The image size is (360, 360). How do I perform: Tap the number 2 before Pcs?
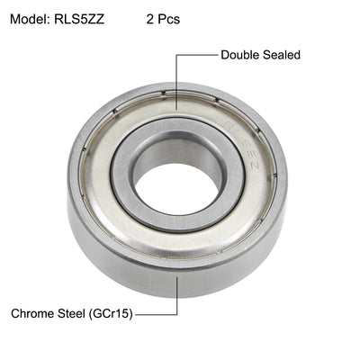click(149, 18)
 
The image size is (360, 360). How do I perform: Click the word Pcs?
click(167, 18)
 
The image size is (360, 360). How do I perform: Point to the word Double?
click(240, 55)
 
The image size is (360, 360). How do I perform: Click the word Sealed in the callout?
click(281, 55)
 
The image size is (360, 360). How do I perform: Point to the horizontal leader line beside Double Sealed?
click(198, 55)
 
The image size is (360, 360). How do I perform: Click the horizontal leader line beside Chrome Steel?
click(157, 315)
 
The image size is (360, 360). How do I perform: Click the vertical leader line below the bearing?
click(177, 292)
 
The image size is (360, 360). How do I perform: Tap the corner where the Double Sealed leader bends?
click(177, 55)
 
